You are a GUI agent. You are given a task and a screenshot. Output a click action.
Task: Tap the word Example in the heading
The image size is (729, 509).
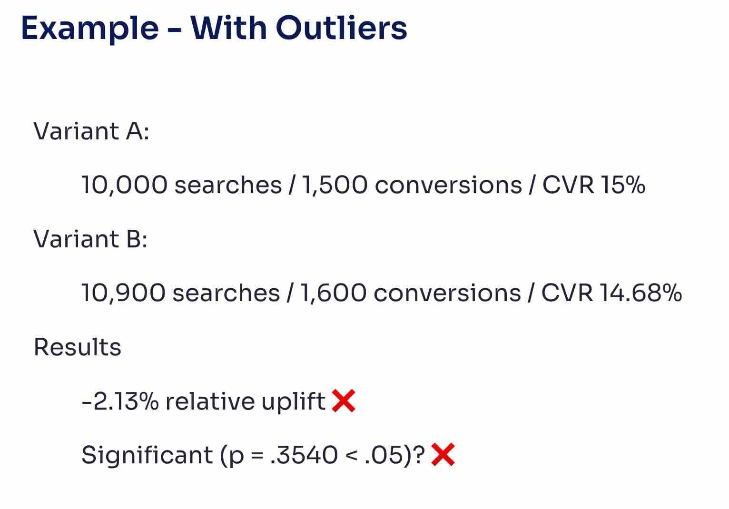pyautogui.click(x=90, y=29)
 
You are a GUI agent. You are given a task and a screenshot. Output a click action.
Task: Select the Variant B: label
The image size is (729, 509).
pyautogui.click(x=90, y=239)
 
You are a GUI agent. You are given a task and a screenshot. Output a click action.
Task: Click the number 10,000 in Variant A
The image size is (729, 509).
pyautogui.click(x=124, y=185)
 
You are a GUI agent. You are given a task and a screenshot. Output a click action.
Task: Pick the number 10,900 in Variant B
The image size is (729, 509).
pyautogui.click(x=123, y=293)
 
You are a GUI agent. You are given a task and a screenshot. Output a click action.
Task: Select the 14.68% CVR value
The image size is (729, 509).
pyautogui.click(x=640, y=293)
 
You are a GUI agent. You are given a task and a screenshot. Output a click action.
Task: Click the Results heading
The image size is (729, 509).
pyautogui.click(x=78, y=347)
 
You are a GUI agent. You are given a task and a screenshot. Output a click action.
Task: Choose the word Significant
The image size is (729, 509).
pyautogui.click(x=147, y=455)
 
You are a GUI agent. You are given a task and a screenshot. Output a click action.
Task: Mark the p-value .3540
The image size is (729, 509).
pyautogui.click(x=304, y=455)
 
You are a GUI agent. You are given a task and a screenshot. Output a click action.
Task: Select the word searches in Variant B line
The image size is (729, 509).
pyautogui.click(x=226, y=293)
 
